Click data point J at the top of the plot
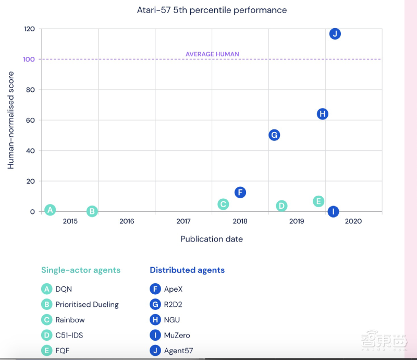pyautogui.click(x=335, y=34)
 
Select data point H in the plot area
pyautogui.click(x=322, y=114)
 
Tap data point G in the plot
pyautogui.click(x=274, y=135)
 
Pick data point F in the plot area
pyautogui.click(x=240, y=193)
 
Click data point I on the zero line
pyautogui.click(x=333, y=211)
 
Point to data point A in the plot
pyautogui.click(x=50, y=210)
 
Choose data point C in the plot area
pyautogui.click(x=223, y=204)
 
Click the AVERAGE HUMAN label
pyautogui.click(x=212, y=54)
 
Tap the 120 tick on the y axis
pyautogui.click(x=29, y=29)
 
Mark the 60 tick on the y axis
pyautogui.click(x=31, y=121)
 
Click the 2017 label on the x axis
pyautogui.click(x=183, y=221)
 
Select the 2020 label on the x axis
pyautogui.click(x=353, y=221)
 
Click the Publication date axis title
pyautogui.click(x=212, y=239)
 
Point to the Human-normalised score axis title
pyautogui.click(x=11, y=120)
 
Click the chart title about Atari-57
pyautogui.click(x=212, y=10)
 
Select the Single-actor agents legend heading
pyautogui.click(x=81, y=270)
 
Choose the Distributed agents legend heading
pyautogui.click(x=187, y=270)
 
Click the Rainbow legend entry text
pyautogui.click(x=70, y=320)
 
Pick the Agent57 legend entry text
pyautogui.click(x=178, y=351)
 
